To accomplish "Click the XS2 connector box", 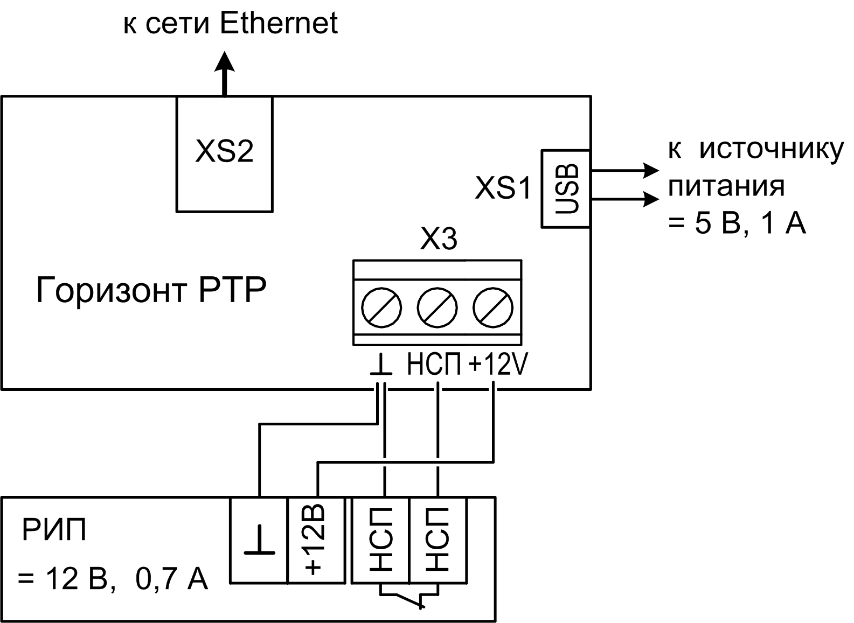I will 224,154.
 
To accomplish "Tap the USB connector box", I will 566,188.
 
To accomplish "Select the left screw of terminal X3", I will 381,308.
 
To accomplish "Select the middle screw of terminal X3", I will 437,308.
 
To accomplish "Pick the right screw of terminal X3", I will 493,308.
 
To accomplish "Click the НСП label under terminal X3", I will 434,365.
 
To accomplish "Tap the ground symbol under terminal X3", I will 381,365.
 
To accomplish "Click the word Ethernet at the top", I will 279,23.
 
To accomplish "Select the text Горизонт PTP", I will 151,291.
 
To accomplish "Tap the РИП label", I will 54,530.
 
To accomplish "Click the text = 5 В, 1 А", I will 737,223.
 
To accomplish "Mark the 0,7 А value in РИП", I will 171,579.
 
